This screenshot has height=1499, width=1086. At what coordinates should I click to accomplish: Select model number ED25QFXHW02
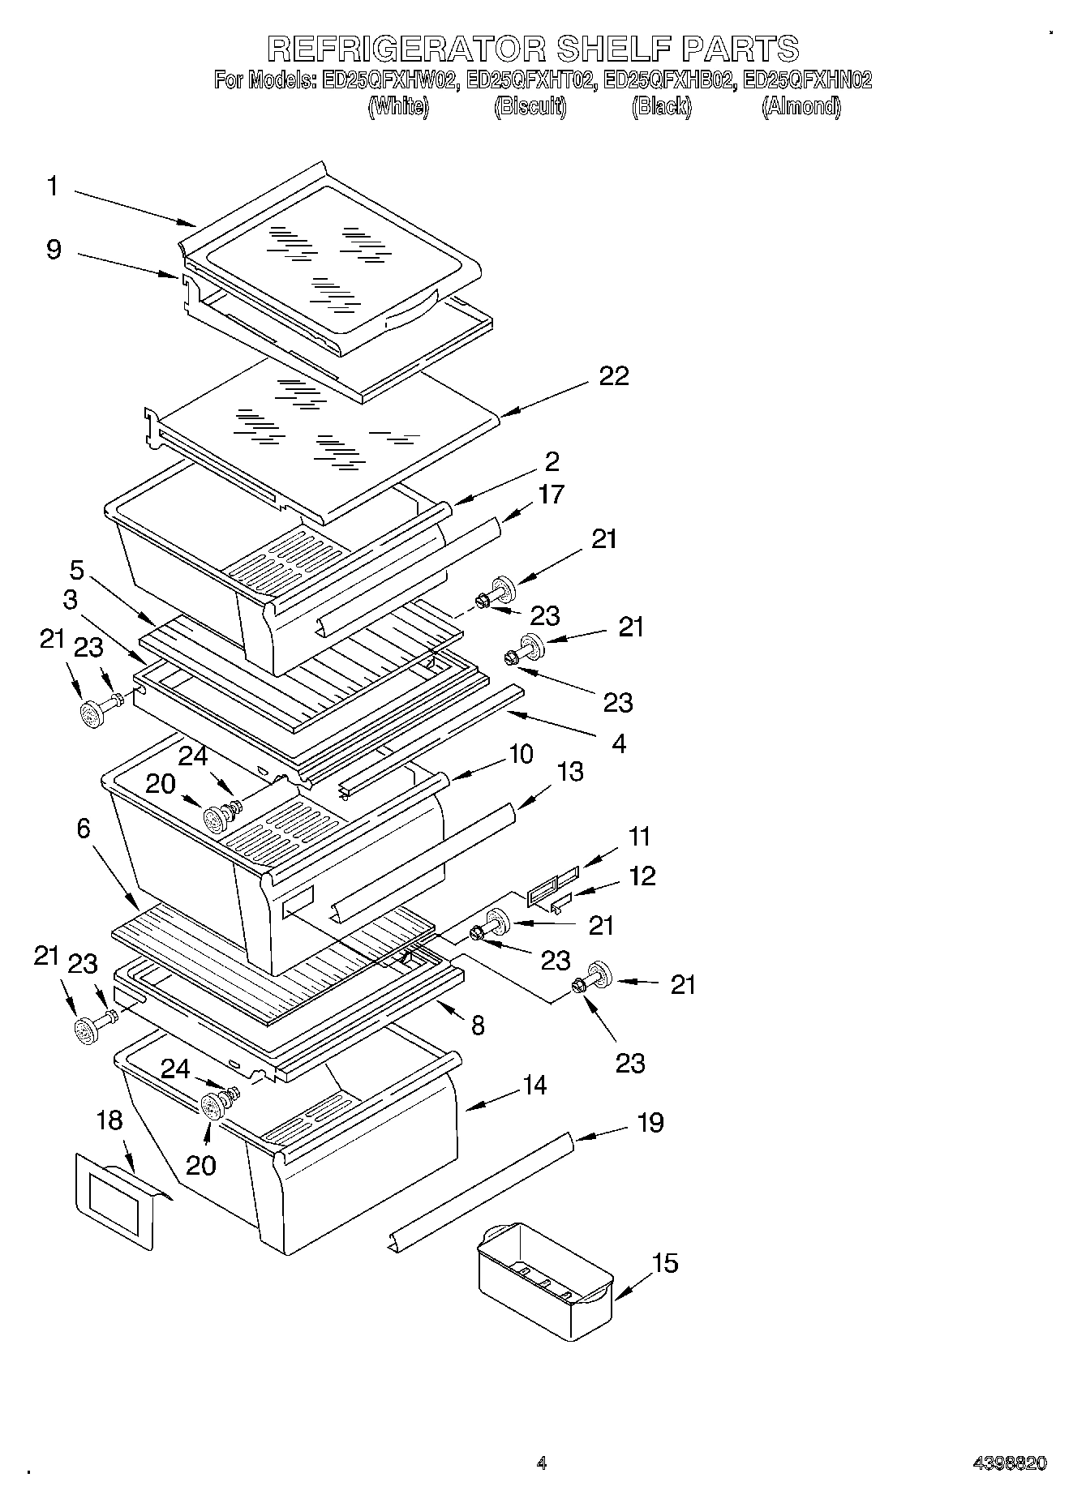(388, 80)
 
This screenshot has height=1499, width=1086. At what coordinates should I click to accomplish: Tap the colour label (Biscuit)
(530, 107)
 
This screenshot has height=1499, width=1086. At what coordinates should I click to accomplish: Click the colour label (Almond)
(801, 107)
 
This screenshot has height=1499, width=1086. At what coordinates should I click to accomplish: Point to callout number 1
(52, 186)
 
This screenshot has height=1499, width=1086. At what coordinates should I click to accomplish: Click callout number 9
(53, 249)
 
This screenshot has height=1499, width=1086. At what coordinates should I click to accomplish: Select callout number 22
(613, 376)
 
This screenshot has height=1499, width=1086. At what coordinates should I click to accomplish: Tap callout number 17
(551, 494)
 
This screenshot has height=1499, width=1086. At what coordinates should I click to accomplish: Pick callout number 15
(665, 1263)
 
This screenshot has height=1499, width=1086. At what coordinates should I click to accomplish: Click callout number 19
(650, 1123)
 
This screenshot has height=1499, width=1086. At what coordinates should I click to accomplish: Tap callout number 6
(84, 829)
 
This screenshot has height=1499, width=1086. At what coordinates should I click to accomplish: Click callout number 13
(570, 772)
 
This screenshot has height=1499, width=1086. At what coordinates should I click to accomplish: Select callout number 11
(639, 836)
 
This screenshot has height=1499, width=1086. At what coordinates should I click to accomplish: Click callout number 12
(642, 876)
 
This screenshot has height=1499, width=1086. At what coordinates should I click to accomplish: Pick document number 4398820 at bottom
(1009, 1463)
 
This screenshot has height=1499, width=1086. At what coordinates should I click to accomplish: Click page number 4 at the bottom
(541, 1463)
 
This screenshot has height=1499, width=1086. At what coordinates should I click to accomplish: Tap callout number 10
(520, 754)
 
